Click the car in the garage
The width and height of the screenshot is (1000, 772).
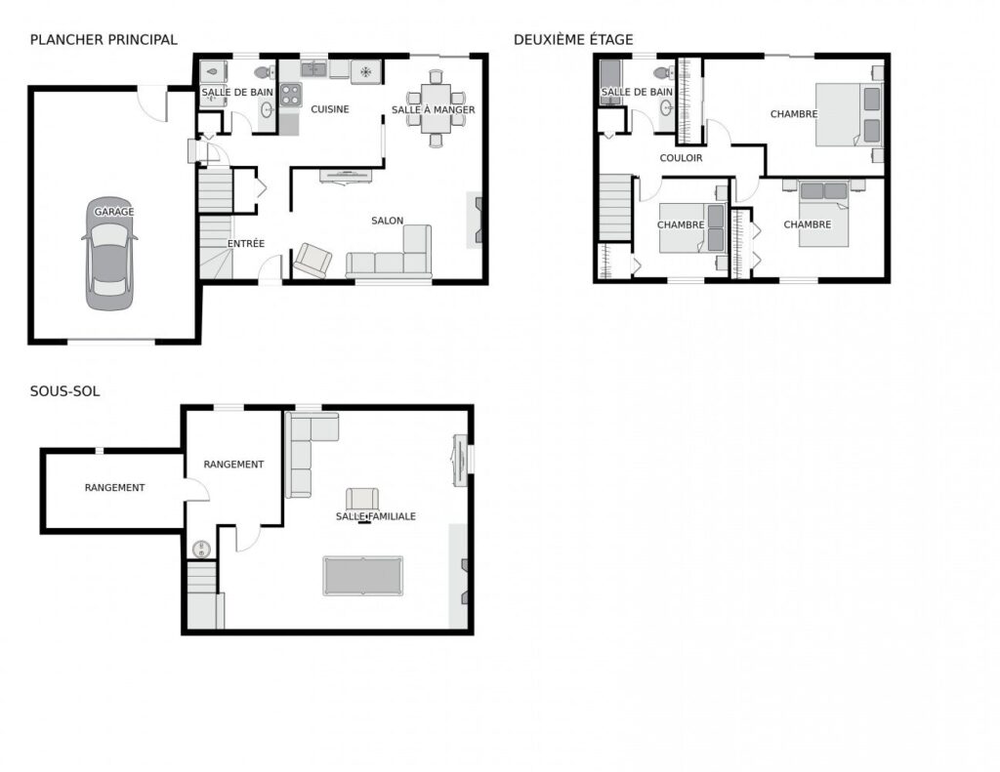[x=109, y=254]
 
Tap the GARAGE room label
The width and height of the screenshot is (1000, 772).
[x=114, y=212]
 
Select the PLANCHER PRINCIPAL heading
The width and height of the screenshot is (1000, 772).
[x=104, y=39]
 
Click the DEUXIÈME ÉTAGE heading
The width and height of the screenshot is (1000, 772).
[x=573, y=39]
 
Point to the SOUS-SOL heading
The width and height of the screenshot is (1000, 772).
[x=65, y=391]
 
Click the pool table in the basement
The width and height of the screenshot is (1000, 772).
[x=363, y=576]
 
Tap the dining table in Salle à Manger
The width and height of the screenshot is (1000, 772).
[x=436, y=108]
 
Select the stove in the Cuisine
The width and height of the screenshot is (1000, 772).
[x=290, y=96]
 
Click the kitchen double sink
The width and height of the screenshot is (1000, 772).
[x=313, y=69]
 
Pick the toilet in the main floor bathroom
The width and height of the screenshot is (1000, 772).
[x=264, y=71]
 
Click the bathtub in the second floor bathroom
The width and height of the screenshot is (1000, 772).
[x=610, y=82]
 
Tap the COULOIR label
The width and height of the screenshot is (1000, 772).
[x=681, y=158]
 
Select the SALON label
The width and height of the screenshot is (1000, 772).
[x=387, y=221]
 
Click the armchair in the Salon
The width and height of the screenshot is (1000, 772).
[x=312, y=260]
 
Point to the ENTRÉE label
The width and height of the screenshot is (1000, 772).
[x=245, y=244]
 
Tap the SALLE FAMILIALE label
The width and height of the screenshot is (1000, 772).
[x=376, y=516]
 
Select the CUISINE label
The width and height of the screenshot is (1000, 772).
[x=330, y=109]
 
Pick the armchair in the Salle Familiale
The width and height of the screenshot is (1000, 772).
[x=362, y=499]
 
